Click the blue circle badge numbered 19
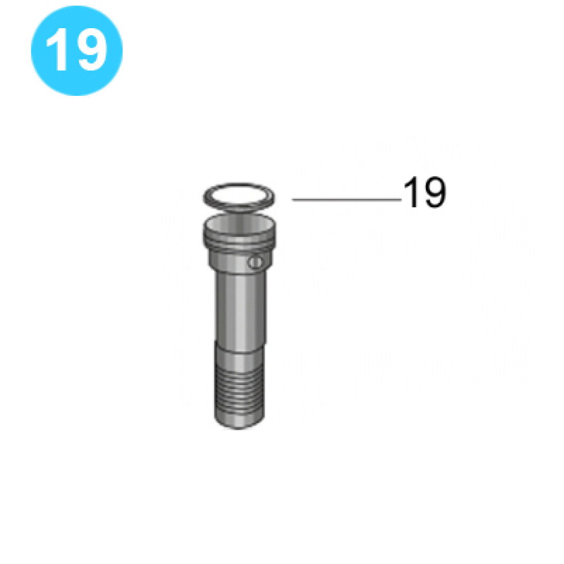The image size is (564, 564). pyautogui.click(x=77, y=50)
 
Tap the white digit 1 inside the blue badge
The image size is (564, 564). pyautogui.click(x=58, y=50)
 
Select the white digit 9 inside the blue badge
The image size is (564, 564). pyautogui.click(x=91, y=50)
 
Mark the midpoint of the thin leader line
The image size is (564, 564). pyautogui.click(x=346, y=199)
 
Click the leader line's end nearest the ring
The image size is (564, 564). pyautogui.click(x=293, y=199)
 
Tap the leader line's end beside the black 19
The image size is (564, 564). pyautogui.click(x=400, y=199)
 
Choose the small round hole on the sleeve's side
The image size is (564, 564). pyautogui.click(x=255, y=263)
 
